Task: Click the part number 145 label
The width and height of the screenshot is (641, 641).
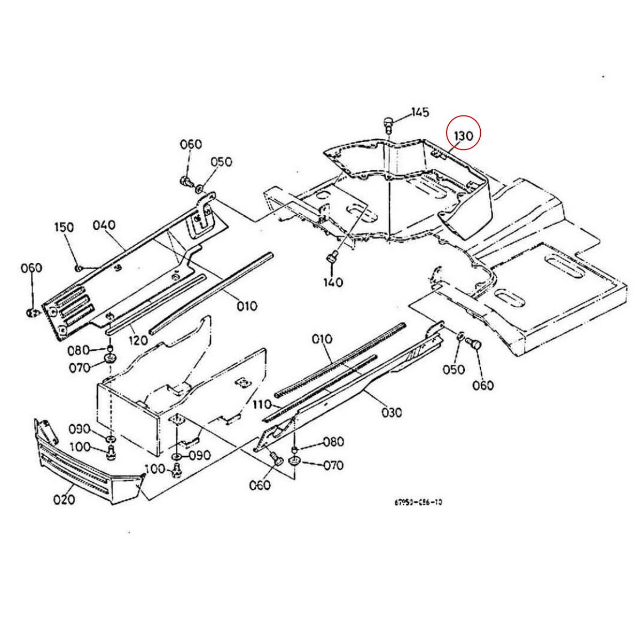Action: (420, 112)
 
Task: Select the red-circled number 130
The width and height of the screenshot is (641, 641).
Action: (463, 136)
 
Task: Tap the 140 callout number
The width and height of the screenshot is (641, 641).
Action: (333, 282)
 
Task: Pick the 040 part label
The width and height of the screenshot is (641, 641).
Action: (104, 225)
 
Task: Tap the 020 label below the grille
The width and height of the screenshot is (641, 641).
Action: (64, 499)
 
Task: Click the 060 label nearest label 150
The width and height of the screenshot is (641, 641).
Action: (31, 268)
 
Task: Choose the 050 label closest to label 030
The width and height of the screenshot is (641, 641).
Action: (455, 369)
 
